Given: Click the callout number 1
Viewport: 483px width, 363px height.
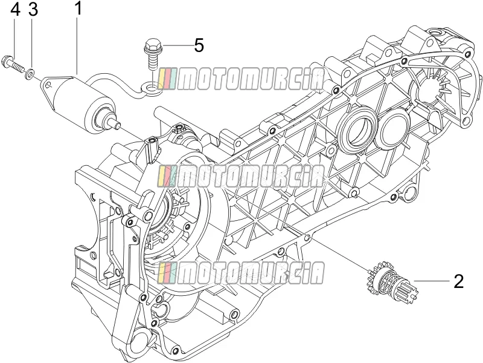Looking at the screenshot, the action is [x=78, y=8].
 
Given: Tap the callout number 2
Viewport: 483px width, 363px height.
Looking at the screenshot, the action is [x=459, y=281].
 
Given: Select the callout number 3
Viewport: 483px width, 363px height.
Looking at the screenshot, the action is [x=33, y=10].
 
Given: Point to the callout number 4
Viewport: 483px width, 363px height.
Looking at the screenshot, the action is [x=16, y=10].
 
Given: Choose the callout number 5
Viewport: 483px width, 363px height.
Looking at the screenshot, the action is [x=199, y=46].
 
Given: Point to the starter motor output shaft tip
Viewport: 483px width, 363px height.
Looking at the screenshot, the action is [x=117, y=125].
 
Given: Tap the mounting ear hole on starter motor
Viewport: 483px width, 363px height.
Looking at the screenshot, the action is [x=47, y=83].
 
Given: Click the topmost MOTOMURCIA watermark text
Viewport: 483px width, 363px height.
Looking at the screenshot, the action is [x=241, y=79].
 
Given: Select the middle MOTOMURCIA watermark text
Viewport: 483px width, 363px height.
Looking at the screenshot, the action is [x=241, y=176].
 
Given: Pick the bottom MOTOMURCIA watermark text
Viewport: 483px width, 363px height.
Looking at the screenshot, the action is [x=241, y=273].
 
